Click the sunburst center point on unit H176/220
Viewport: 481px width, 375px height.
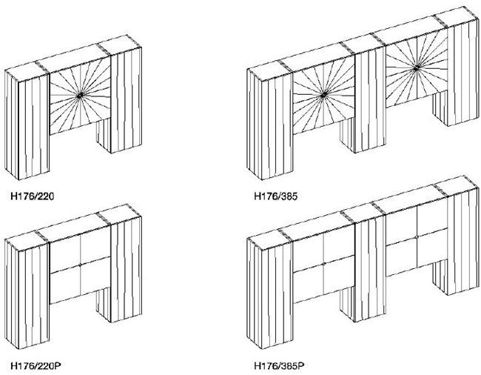(79, 96)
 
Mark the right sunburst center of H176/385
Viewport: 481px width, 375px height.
(417, 67)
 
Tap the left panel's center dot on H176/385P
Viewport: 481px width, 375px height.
(323, 263)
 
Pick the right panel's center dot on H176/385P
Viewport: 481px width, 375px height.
(417, 236)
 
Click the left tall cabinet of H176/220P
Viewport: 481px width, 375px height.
(28, 296)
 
